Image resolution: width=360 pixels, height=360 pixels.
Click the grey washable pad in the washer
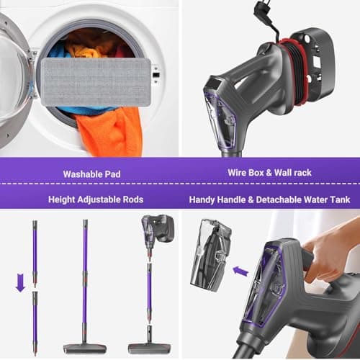click(96, 81)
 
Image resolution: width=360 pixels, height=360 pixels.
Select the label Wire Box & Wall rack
click(269, 174)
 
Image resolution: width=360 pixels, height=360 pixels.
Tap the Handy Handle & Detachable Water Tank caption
click(270, 199)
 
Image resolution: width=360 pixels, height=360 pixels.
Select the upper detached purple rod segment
click(35, 252)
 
